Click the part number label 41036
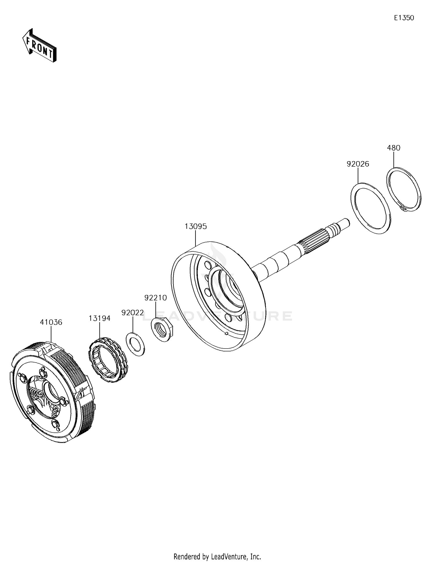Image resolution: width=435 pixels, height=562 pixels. (51, 322)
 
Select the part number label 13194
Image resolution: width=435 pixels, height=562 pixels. (99, 318)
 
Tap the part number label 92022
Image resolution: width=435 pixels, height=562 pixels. (133, 313)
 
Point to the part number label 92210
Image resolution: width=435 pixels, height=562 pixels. (156, 298)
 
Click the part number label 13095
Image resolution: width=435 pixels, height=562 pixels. (196, 226)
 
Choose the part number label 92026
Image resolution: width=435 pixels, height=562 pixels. (358, 164)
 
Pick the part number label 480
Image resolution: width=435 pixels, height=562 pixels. (394, 148)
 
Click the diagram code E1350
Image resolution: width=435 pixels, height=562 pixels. (404, 18)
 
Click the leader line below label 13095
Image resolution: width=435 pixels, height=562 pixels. (196, 238)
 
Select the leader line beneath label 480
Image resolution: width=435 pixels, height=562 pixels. (394, 159)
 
